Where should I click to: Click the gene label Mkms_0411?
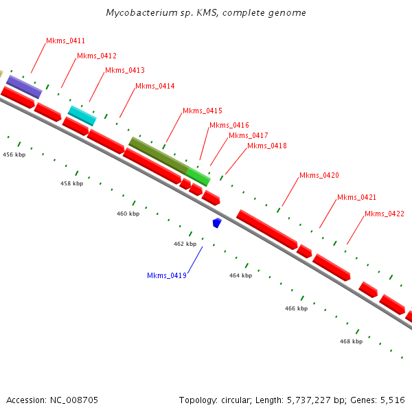[x=65, y=41]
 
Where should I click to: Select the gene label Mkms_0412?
[x=96, y=56]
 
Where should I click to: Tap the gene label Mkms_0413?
[x=124, y=71]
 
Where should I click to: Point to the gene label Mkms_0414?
[x=154, y=87]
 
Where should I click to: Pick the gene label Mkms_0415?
[x=202, y=111]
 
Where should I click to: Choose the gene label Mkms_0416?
[x=229, y=126]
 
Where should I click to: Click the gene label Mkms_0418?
[x=266, y=146]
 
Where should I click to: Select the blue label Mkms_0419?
[x=167, y=276]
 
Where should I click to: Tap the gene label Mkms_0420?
[x=319, y=176]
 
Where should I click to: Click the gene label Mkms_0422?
[x=384, y=214]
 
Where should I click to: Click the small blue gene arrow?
[x=217, y=222]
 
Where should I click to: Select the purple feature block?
[x=24, y=87]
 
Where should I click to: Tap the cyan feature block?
[x=82, y=115]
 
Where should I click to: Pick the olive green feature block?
[x=159, y=154]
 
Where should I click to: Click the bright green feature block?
[x=198, y=177]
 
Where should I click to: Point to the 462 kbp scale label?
[x=185, y=244]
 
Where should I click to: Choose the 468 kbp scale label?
[x=351, y=341]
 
